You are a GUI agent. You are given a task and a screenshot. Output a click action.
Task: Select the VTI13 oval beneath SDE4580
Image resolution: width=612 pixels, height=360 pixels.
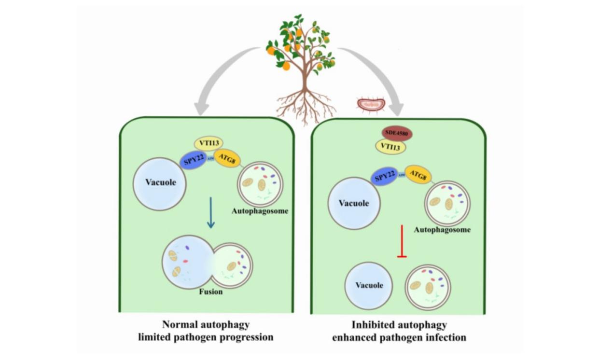391,147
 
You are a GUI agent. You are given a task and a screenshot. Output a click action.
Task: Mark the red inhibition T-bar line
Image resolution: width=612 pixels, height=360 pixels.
402,240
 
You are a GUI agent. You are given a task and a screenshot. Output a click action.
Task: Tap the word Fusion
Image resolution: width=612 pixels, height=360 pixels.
211,292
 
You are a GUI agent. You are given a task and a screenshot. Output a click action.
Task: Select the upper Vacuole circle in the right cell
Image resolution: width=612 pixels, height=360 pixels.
353,203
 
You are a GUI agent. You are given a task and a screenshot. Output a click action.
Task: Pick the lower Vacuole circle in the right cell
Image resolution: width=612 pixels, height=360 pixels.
369,285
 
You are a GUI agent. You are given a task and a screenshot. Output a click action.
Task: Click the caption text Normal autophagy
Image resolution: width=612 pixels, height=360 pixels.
206,324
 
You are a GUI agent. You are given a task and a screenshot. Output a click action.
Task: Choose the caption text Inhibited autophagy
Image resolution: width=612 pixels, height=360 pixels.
399,324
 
